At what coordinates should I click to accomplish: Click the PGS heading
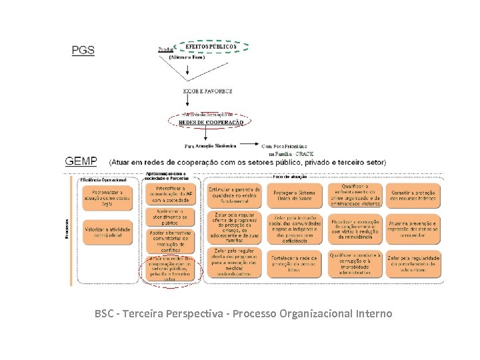(x=83, y=49)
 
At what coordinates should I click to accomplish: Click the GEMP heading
(x=81, y=161)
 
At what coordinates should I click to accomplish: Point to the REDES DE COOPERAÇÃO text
(x=211, y=123)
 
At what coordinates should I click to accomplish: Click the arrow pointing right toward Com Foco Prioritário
(x=248, y=143)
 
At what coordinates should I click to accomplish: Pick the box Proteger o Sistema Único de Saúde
(x=294, y=194)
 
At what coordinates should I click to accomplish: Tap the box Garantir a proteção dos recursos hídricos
(x=413, y=194)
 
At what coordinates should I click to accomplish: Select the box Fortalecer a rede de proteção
(x=294, y=263)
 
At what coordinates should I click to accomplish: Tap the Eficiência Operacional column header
(x=103, y=180)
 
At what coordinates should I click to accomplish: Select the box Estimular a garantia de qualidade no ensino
(x=233, y=194)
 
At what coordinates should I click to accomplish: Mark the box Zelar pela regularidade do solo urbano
(x=413, y=263)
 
